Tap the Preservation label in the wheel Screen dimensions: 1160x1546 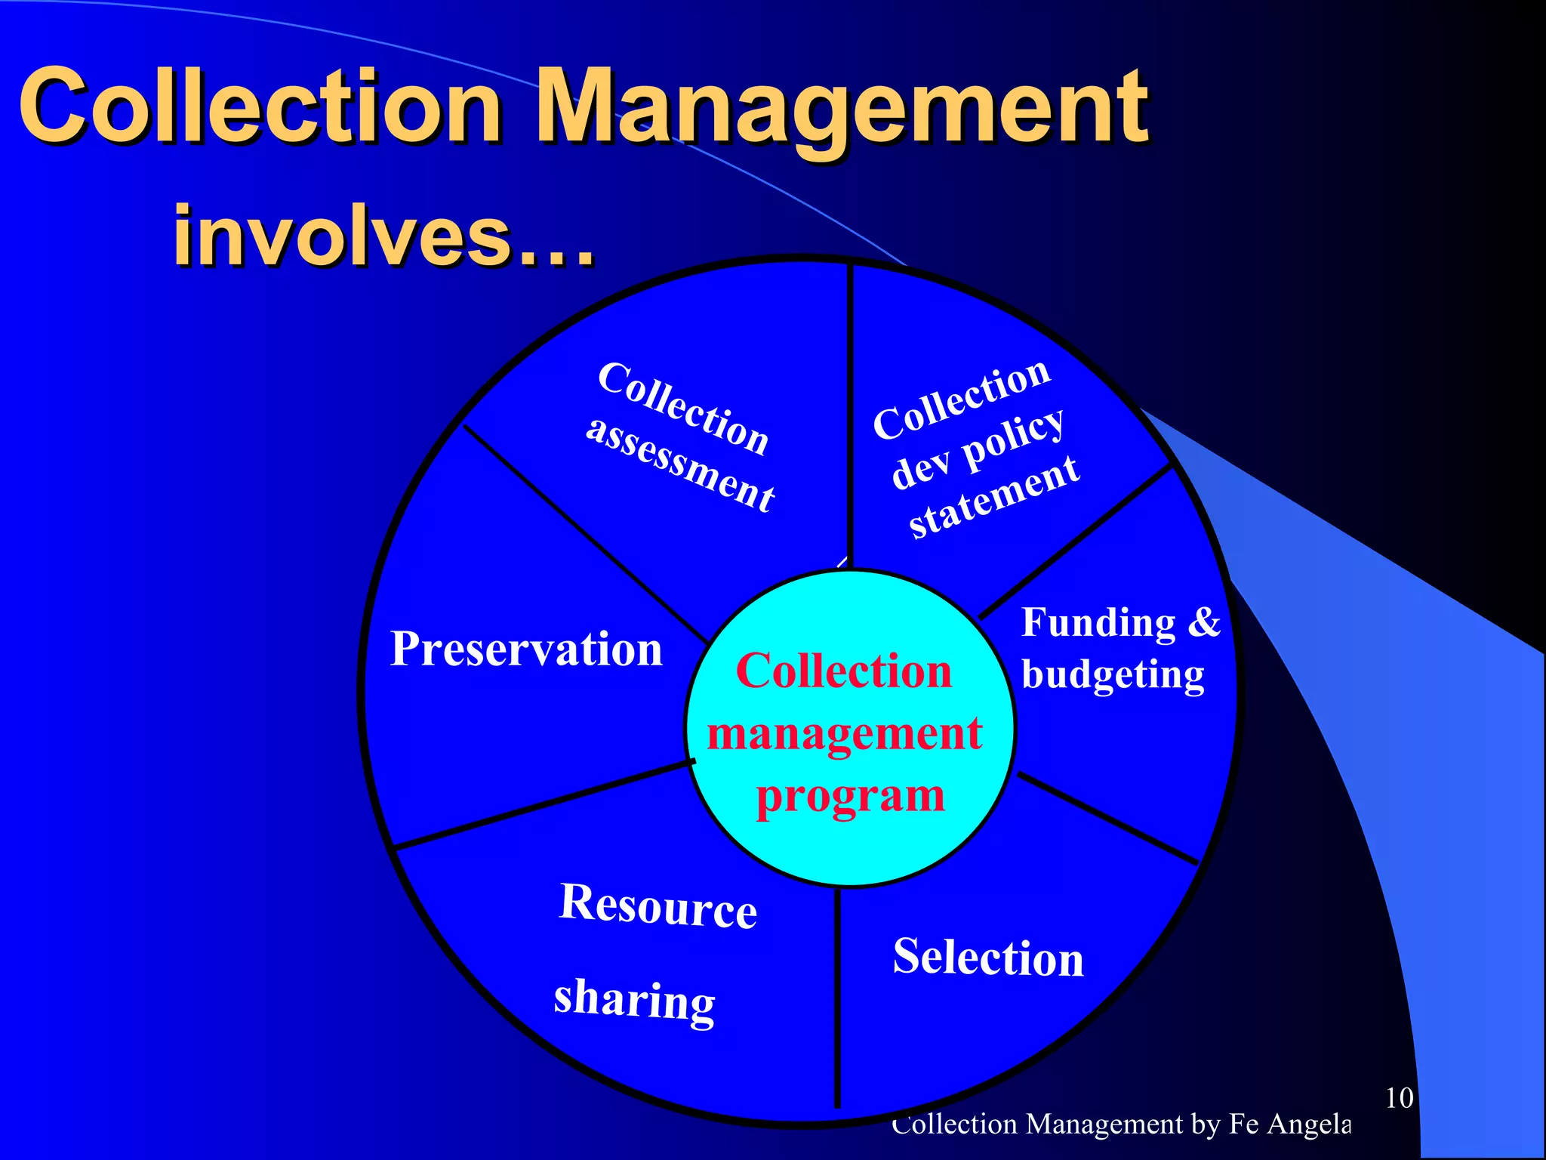click(526, 649)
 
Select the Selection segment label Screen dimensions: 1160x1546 click(987, 958)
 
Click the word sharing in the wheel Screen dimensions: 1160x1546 click(634, 1000)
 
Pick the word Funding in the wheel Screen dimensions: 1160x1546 click(1098, 624)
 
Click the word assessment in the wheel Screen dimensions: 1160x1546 click(680, 464)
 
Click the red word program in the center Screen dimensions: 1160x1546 click(850, 797)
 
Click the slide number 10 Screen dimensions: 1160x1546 click(1399, 1098)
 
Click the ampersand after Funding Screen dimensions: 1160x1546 click(1203, 622)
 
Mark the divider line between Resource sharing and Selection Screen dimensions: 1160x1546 click(837, 997)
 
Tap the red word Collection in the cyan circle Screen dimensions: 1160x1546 click(843, 671)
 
